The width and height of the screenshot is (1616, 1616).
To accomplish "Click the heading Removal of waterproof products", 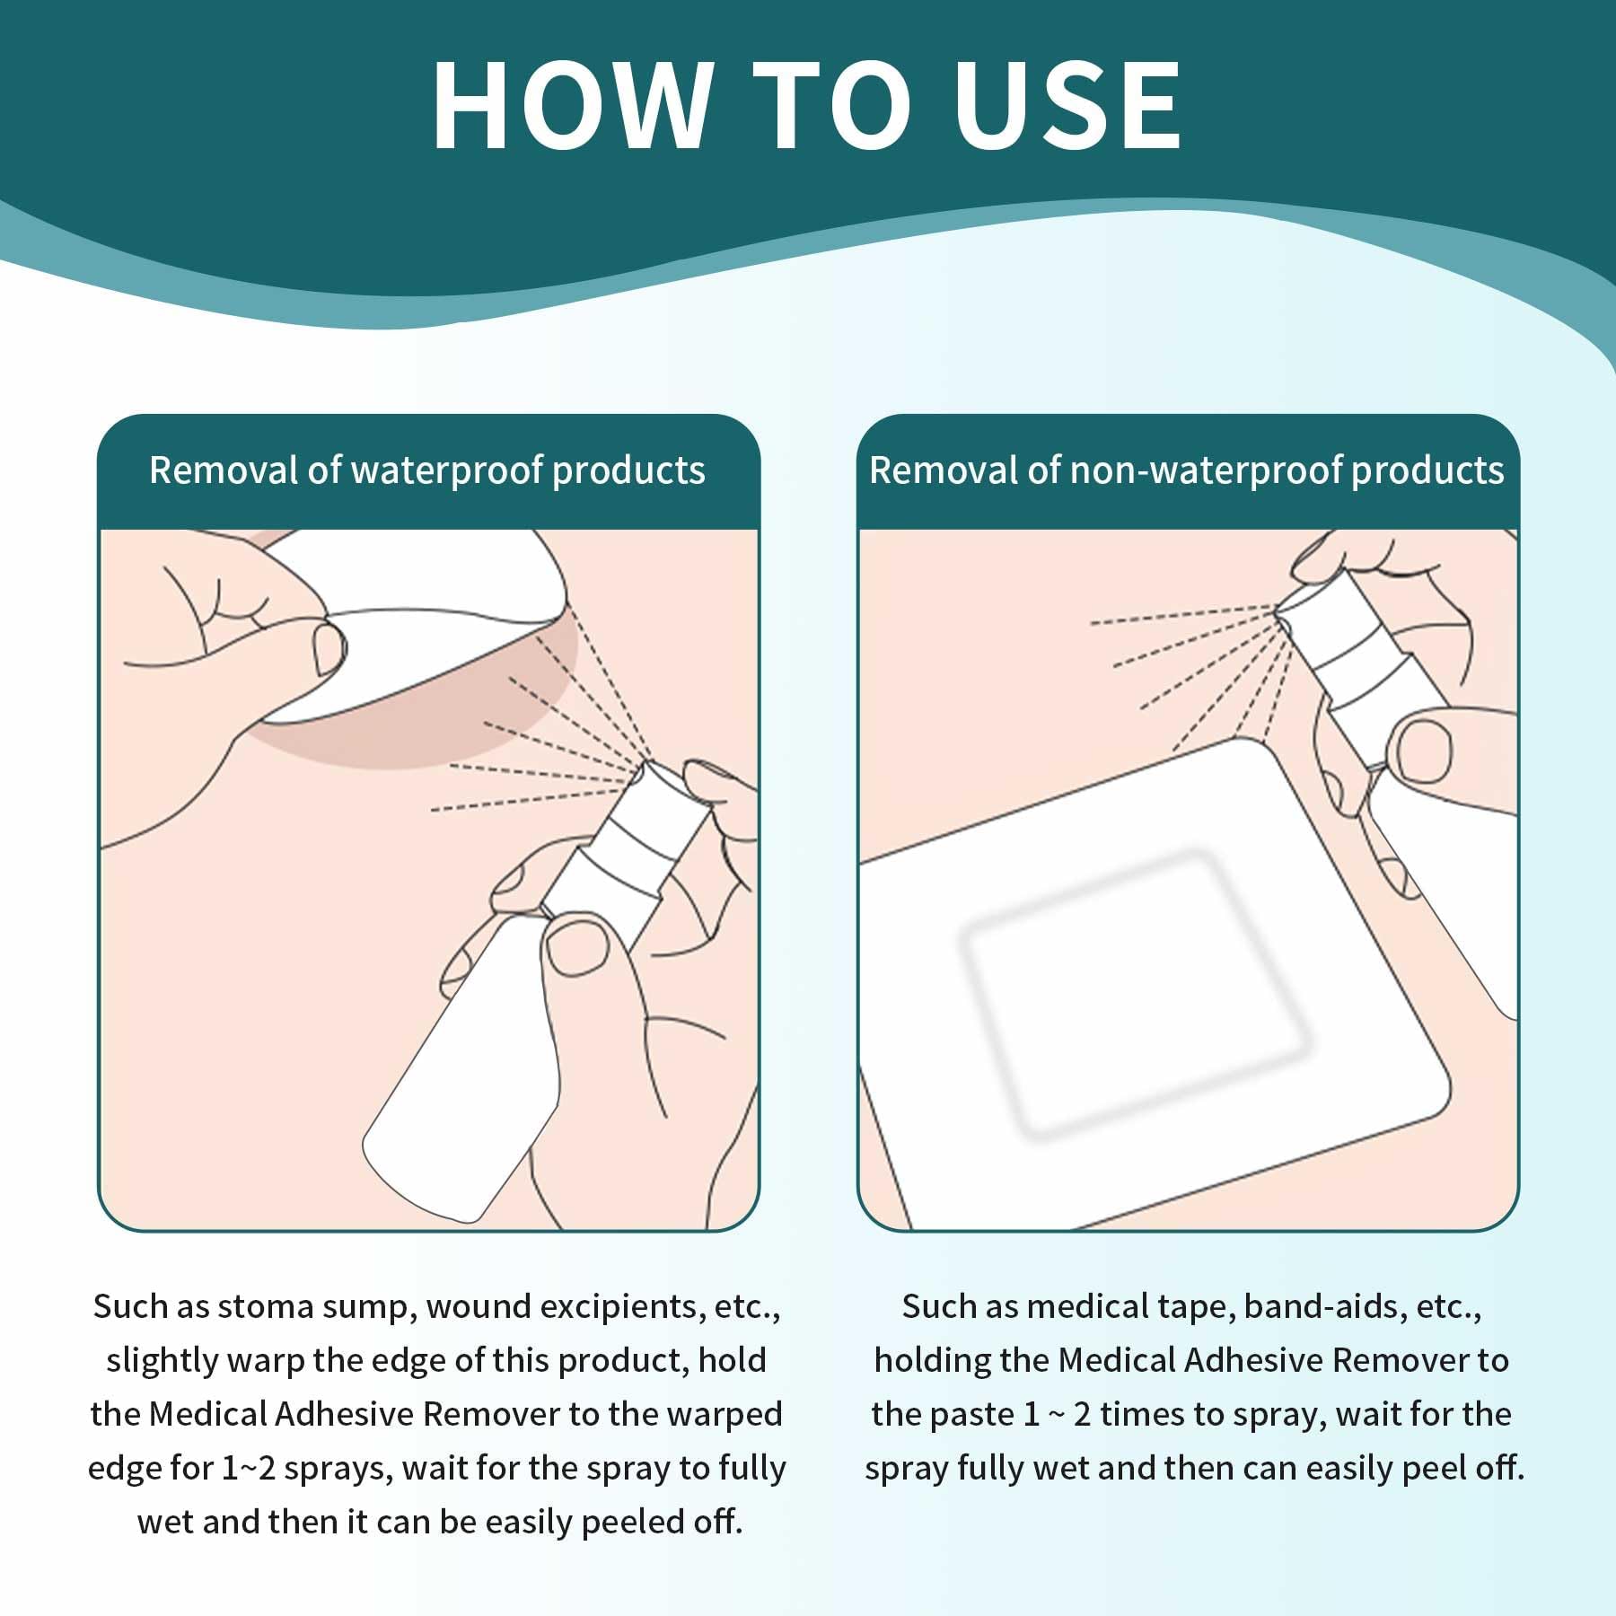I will [427, 470].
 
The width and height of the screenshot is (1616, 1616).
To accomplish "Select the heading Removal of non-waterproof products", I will [1186, 470].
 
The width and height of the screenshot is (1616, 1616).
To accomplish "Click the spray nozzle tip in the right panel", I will [1280, 613].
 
